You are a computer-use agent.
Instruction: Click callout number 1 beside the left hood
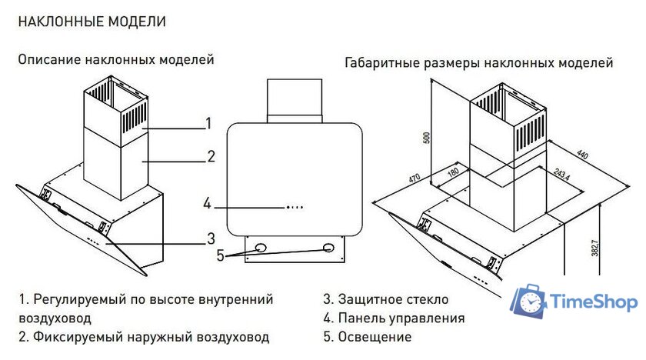[x=208, y=123]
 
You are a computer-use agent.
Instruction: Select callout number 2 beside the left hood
[x=211, y=157]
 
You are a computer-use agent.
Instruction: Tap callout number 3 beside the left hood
[x=210, y=237]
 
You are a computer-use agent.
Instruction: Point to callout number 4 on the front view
[x=207, y=204]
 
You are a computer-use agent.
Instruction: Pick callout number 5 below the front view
[x=220, y=255]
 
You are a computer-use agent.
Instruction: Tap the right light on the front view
[x=329, y=248]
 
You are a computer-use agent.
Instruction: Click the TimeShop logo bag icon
[x=531, y=302]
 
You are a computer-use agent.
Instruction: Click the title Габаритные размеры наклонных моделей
[x=479, y=62]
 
